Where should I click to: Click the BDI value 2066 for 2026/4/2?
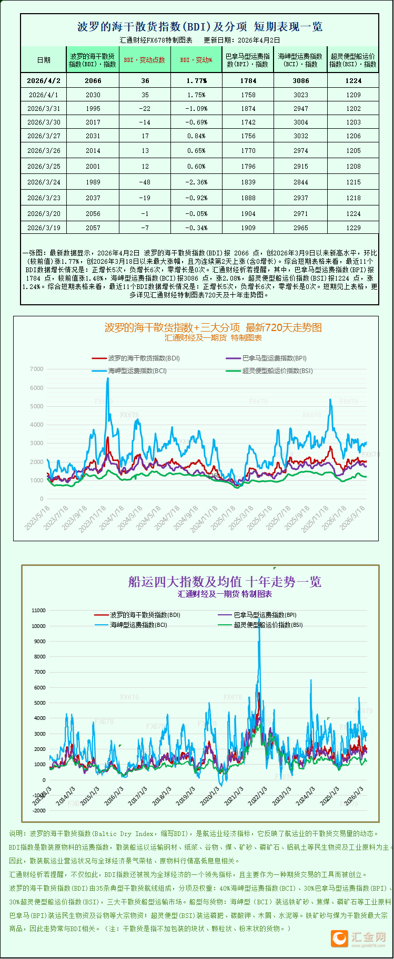(x=93, y=81)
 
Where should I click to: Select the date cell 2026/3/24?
(x=44, y=182)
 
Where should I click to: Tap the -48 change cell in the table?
(x=145, y=182)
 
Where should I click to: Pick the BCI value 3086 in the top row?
(x=301, y=81)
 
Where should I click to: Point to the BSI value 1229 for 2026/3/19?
(x=353, y=228)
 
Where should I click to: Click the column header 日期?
(x=44, y=60)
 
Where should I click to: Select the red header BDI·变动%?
(x=196, y=60)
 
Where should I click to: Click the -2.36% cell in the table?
(x=196, y=182)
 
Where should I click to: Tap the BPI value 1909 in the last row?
(x=248, y=228)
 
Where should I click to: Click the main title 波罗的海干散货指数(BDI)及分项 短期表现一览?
(x=200, y=27)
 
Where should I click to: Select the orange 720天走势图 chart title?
(x=213, y=327)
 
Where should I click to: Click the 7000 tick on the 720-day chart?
(x=37, y=369)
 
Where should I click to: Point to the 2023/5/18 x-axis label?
(x=38, y=517)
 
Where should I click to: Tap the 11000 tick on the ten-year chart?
(x=39, y=611)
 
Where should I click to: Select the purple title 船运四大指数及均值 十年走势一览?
(x=225, y=582)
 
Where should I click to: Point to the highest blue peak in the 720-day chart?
(x=108, y=379)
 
